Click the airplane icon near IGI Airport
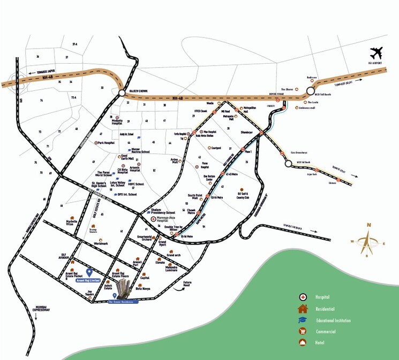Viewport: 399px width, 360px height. click(377, 54)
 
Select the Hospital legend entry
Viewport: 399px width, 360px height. click(322, 297)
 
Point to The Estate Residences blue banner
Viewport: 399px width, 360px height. click(123, 302)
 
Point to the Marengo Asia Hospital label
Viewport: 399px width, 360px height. click(165, 221)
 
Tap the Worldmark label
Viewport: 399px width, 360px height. click(101, 243)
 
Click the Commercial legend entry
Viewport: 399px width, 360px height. click(326, 332)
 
